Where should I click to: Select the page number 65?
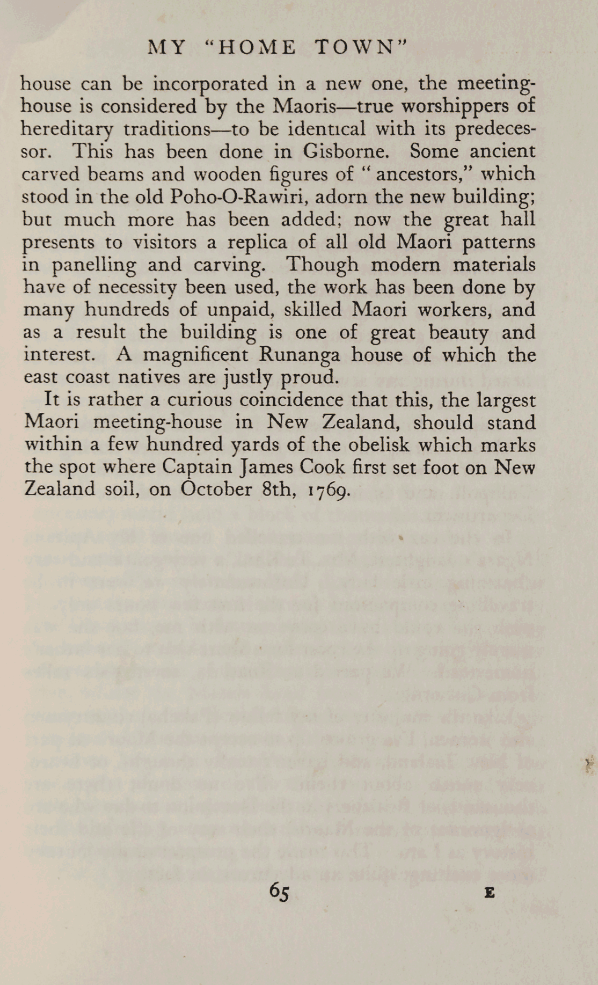pos(279,891)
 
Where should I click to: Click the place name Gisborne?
pos(346,151)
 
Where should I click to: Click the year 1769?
pos(329,490)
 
